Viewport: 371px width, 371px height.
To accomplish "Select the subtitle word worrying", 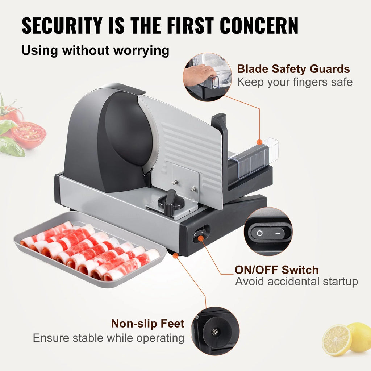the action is [x=141, y=51].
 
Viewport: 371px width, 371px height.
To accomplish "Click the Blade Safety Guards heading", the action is [x=293, y=69].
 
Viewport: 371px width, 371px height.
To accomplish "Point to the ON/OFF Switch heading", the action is [x=276, y=270].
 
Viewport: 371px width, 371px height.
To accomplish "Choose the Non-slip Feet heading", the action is [x=148, y=323].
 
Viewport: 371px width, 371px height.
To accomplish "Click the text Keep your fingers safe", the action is [x=295, y=82].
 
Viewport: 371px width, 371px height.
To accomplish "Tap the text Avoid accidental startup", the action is [x=296, y=281].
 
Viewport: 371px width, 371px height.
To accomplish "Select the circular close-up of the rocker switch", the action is [x=268, y=232].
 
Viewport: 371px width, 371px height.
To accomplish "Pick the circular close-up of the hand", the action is [x=207, y=77].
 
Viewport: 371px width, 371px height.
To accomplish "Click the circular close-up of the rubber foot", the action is [x=215, y=331].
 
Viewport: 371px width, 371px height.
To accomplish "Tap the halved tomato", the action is [x=29, y=134].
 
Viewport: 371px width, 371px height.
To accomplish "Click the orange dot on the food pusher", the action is [x=259, y=142].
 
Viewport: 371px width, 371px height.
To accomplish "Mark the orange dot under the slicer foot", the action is [x=175, y=255].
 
